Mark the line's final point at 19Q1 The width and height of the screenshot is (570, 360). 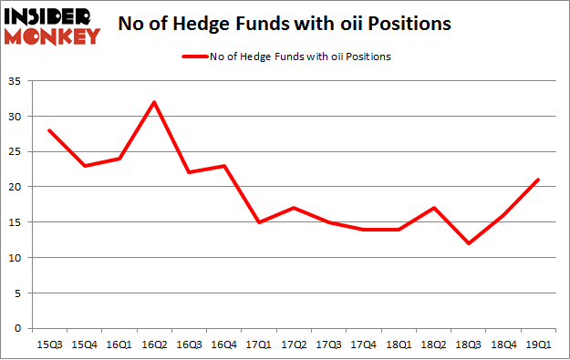538,180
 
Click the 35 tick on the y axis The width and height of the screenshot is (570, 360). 18,81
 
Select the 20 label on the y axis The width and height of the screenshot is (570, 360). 18,187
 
